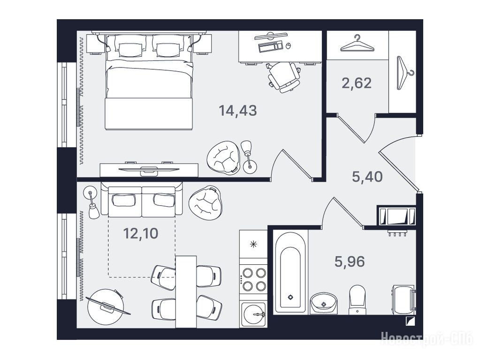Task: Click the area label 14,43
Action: coord(237,111)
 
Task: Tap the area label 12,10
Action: coord(140,233)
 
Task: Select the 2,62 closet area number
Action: coord(357,83)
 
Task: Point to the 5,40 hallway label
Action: coord(367,177)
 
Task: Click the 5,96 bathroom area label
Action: coord(350,262)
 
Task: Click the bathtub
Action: coord(290,272)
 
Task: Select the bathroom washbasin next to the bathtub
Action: coord(324,303)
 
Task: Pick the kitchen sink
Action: coord(253,314)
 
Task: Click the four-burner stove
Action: coord(253,279)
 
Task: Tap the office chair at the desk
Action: coord(283,77)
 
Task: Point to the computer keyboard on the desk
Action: coord(270,46)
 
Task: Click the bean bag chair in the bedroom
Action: coord(222,157)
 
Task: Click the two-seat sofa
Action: coord(142,199)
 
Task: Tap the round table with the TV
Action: coord(106,307)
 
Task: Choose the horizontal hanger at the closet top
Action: coord(357,43)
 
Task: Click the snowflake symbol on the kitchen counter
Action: coord(253,244)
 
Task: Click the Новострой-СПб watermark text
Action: coord(427,338)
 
